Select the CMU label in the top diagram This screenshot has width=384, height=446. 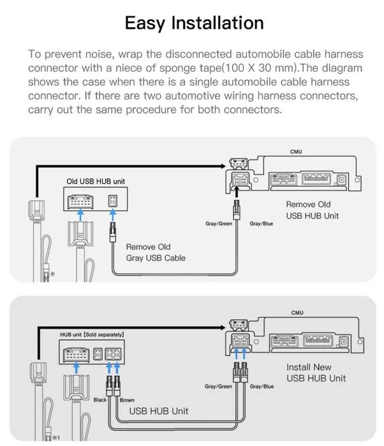tap(297, 151)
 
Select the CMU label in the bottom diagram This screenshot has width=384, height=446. tap(297, 313)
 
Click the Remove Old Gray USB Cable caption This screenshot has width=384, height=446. tap(156, 252)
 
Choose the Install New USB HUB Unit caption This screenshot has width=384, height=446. tap(316, 373)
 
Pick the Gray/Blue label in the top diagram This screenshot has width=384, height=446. tap(262, 224)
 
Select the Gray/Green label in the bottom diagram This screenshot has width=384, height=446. tap(218, 387)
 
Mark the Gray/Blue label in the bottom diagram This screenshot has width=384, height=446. tap(262, 387)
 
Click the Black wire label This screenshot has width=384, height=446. tap(100, 400)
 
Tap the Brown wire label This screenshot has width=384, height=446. tap(127, 400)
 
